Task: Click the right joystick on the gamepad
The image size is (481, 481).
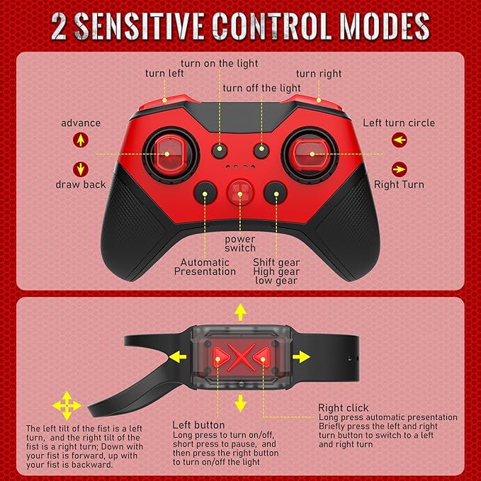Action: pos(310,155)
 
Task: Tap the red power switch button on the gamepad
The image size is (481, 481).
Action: pos(240,193)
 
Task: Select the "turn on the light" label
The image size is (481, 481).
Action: pos(220,64)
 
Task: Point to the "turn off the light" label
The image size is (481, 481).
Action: pos(261,88)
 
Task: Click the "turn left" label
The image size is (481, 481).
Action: pos(164,73)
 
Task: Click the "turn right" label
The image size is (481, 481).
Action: pos(319,74)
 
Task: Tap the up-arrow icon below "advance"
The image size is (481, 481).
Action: pos(81,140)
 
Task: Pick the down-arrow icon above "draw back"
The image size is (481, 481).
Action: pos(81,169)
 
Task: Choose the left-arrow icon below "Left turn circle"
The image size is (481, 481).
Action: pos(400,140)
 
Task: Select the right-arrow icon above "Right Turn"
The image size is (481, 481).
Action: pos(400,169)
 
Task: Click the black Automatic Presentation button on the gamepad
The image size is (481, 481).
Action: pos(205,193)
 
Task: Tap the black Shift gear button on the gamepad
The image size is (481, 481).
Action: pos(276,193)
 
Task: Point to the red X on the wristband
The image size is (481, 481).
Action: pos(242,357)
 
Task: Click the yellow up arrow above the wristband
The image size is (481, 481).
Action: pos(241,312)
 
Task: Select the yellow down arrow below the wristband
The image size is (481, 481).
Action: pos(241,403)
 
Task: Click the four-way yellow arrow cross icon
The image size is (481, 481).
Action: pos(67,405)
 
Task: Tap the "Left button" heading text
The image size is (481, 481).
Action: pos(198,425)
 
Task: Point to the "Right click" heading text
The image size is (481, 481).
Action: pos(344,408)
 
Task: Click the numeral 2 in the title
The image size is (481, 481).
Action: pos(59,26)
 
